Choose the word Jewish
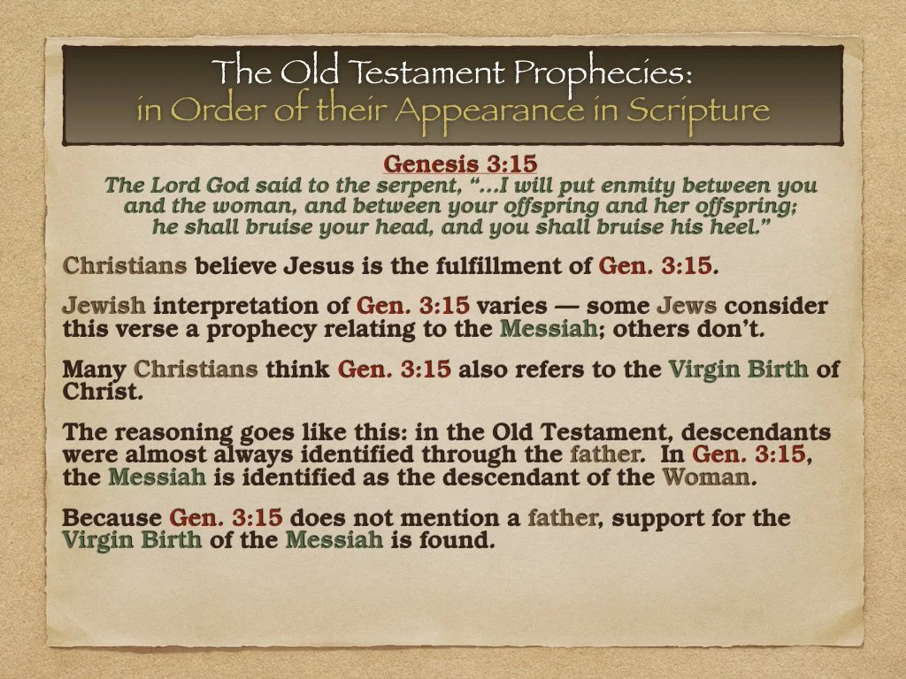104,307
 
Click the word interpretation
251,307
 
